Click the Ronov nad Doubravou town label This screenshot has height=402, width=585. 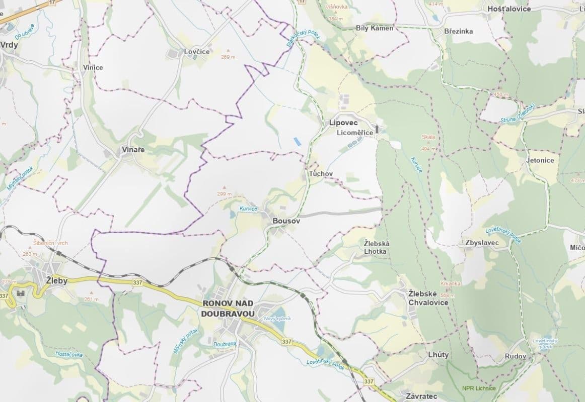coord(229,308)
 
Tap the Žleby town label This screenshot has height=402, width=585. coord(56,281)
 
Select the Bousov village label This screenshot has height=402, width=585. coord(286,221)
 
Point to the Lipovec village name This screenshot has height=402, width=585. coord(343,123)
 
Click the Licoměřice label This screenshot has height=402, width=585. coord(355,133)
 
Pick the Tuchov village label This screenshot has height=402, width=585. coord(320,173)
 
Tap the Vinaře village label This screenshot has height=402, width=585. coord(133,150)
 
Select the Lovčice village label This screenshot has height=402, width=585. coord(197,52)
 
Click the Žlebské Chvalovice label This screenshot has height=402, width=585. coord(428,298)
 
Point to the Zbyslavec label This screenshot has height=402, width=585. coord(479,243)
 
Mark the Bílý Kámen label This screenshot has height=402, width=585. coord(374,28)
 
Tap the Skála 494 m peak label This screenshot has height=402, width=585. coord(429,143)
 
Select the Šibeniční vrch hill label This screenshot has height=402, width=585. coord(50,243)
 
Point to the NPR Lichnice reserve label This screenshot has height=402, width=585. coord(478,388)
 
